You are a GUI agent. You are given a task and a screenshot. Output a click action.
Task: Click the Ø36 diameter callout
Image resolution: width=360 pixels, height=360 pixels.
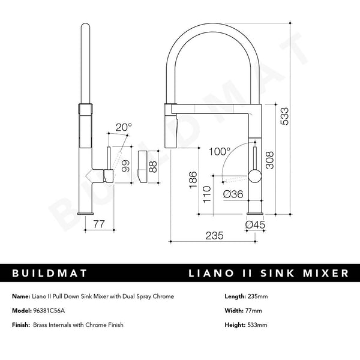point(232,194)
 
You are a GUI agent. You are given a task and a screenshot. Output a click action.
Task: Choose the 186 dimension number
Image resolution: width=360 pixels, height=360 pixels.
point(192,181)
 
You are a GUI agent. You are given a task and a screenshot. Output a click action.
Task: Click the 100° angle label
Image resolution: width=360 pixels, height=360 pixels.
point(220,152)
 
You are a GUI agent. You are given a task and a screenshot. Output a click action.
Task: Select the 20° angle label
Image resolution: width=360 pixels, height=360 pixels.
point(124,128)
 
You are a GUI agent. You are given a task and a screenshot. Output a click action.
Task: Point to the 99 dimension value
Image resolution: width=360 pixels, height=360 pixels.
point(125,166)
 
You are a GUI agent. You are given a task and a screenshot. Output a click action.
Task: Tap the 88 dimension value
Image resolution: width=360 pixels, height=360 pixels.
point(153,166)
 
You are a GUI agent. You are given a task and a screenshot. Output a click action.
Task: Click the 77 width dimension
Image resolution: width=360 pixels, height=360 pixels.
point(100,224)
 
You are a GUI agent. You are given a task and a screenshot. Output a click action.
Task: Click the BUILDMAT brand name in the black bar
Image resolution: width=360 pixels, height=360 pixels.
point(50,274)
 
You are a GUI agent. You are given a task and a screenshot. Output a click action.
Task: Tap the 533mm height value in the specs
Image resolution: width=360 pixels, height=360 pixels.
point(259,325)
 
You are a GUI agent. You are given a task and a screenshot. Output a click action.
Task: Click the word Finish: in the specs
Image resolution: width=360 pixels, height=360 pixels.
point(21,325)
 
